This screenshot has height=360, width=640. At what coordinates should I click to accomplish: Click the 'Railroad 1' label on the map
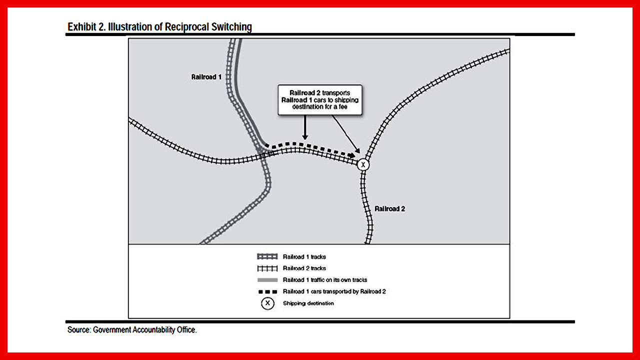[206, 77]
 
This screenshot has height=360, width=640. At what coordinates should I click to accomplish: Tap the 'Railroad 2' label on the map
[389, 208]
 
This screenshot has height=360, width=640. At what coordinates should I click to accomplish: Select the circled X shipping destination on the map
[363, 164]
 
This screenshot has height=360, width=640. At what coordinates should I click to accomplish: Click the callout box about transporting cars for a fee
[320, 99]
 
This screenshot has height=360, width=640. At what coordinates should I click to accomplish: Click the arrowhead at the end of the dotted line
[351, 155]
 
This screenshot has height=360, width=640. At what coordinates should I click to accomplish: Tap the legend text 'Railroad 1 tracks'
[304, 256]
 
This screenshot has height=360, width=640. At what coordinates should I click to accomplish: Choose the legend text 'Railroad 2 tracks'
[304, 268]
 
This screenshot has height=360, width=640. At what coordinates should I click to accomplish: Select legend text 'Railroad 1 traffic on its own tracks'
[324, 280]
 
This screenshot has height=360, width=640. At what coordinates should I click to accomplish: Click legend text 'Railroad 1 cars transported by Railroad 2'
[334, 291]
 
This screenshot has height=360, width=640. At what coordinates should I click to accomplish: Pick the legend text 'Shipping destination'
[308, 303]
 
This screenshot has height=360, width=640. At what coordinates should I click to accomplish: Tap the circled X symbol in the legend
[267, 303]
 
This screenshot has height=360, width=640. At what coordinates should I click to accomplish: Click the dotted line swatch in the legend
[267, 291]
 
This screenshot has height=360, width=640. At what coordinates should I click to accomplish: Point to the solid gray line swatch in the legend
[267, 280]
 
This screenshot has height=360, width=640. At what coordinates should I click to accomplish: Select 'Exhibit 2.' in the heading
[86, 27]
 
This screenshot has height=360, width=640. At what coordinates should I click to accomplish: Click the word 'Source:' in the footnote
[79, 330]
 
